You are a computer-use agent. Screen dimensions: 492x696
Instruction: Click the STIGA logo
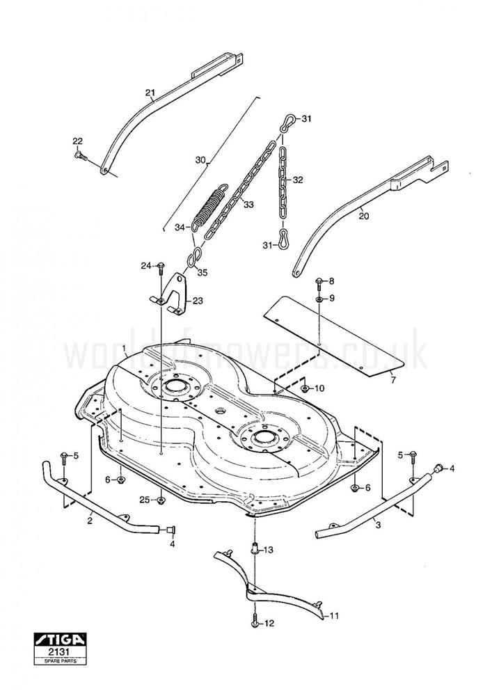[x=61, y=640]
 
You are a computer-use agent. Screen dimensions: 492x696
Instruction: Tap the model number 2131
[x=61, y=652]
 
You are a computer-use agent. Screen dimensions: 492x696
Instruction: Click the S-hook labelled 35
[x=195, y=258]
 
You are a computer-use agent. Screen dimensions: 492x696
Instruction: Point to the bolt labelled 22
[x=79, y=156]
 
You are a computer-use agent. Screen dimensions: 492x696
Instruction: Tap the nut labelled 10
[x=305, y=389]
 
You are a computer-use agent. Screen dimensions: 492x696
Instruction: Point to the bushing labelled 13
[x=255, y=548]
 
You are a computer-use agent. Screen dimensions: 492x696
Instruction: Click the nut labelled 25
[x=161, y=501]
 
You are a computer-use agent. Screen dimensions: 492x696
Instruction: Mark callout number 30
[x=200, y=160]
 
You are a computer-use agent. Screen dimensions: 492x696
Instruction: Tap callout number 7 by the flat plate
[x=392, y=380]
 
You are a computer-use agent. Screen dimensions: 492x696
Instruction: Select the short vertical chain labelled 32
[x=282, y=180]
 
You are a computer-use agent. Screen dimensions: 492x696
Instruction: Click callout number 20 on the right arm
[x=364, y=216]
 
